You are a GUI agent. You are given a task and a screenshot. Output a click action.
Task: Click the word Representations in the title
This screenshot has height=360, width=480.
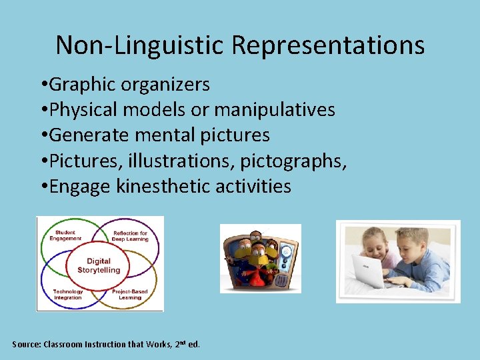click(x=327, y=45)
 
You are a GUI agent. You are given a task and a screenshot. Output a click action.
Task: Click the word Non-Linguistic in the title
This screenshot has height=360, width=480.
click(x=141, y=45)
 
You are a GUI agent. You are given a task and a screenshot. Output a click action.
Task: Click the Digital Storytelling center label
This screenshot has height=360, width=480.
click(x=99, y=265)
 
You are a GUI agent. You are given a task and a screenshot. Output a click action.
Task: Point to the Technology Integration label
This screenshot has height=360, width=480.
click(x=68, y=294)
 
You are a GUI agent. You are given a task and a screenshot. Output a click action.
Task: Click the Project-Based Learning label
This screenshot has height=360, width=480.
click(x=130, y=294)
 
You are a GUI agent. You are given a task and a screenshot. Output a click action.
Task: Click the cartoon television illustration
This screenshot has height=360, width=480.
click(x=260, y=259)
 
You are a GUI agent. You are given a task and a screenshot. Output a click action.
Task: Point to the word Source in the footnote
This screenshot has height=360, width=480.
click(x=26, y=345)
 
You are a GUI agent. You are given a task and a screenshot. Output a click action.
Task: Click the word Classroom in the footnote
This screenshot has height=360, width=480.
click(x=66, y=345)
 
